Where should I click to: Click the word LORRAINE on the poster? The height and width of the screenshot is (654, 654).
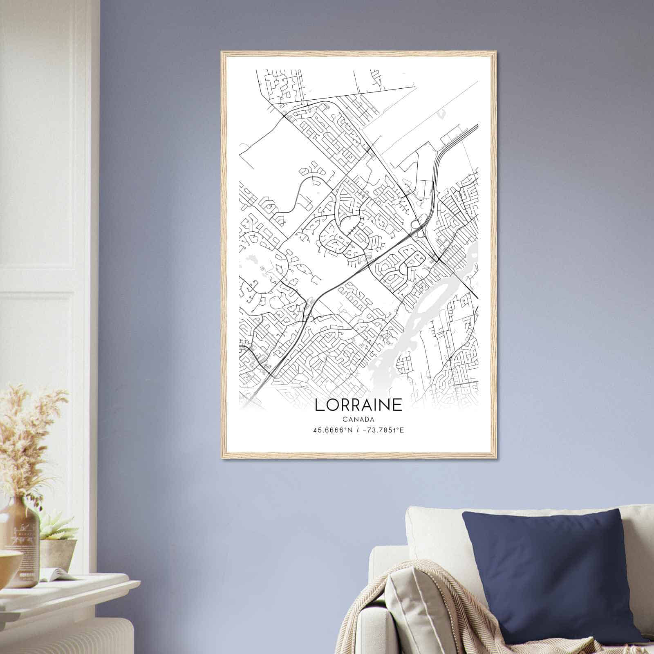coord(358,405)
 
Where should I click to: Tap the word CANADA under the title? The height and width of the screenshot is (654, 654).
coord(358,419)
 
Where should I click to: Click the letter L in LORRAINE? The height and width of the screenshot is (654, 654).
coord(319,405)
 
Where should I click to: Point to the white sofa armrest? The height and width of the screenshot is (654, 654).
coord(384,572)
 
